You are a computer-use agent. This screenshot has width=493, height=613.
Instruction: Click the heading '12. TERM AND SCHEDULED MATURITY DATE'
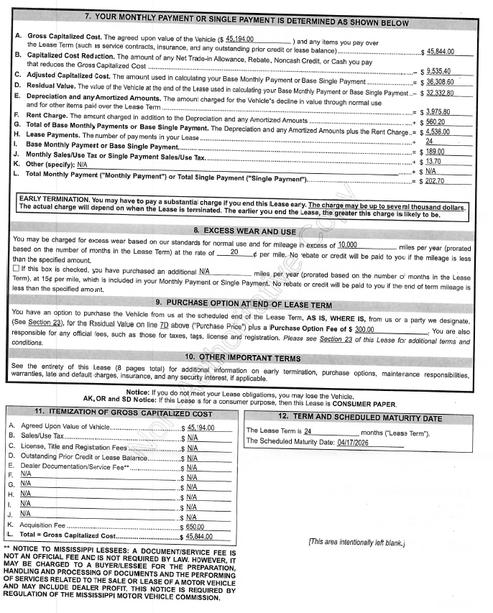[360, 418]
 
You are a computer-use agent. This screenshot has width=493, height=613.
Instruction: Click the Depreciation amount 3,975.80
[438, 111]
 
